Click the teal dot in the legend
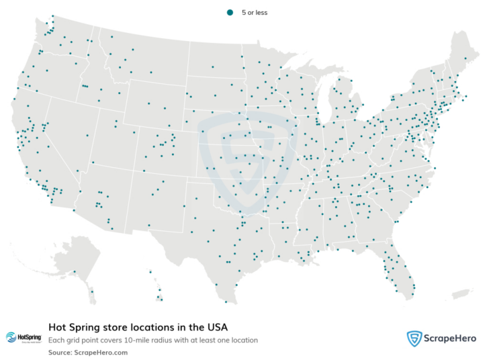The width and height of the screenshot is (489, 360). coord(230,12)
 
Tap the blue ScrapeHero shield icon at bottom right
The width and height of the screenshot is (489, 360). coord(414,339)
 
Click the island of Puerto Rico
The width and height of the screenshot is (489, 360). coord(460,294)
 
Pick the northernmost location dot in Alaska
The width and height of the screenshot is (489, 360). coord(75,272)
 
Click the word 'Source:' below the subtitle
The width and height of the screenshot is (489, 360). coord(60,352)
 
